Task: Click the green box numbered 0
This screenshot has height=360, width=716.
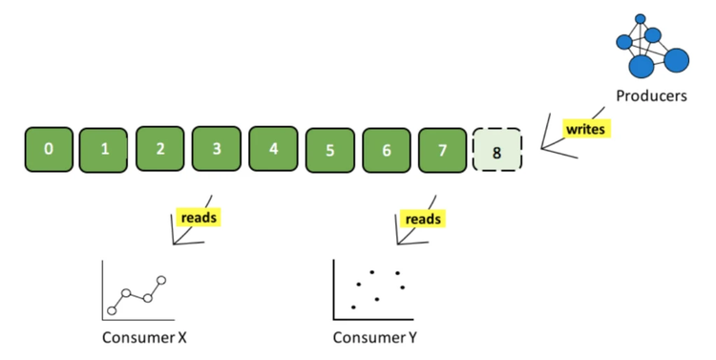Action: click(x=48, y=150)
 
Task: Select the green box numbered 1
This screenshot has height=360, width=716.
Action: click(x=104, y=150)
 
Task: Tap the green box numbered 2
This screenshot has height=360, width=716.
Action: click(x=160, y=149)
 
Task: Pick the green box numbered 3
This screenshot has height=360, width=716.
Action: click(x=217, y=149)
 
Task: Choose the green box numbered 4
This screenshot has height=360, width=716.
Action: click(x=273, y=149)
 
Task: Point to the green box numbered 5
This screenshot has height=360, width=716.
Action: click(x=329, y=150)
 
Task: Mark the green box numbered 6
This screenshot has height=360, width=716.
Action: click(x=386, y=150)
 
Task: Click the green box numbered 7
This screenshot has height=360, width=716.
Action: click(x=442, y=150)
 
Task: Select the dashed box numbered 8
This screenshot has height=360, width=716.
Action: click(x=498, y=150)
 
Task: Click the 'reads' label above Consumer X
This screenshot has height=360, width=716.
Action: click(x=199, y=218)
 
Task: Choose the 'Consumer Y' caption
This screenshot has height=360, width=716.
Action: click(x=374, y=337)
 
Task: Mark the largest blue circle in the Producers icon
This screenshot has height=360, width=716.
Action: click(x=641, y=66)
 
